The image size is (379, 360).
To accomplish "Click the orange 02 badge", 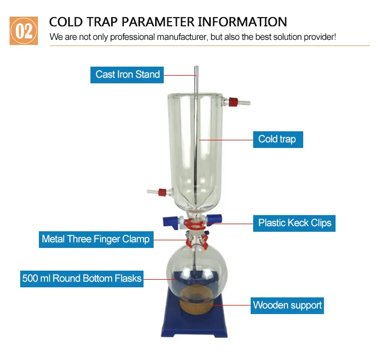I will click(x=24, y=31).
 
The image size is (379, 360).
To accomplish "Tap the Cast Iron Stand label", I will click(x=127, y=74).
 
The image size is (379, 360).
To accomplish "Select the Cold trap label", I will click(x=277, y=139).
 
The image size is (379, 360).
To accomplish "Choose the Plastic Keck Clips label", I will click(x=295, y=223).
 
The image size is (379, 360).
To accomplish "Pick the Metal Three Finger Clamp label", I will click(x=96, y=239).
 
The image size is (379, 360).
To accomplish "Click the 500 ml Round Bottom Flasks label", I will click(x=81, y=278).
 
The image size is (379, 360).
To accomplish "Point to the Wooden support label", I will click(x=287, y=305).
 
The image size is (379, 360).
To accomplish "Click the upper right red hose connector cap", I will click(x=233, y=102).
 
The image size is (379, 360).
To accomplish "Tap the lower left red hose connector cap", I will click(x=162, y=192).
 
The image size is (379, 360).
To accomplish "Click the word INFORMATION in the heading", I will click(x=242, y=22).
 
